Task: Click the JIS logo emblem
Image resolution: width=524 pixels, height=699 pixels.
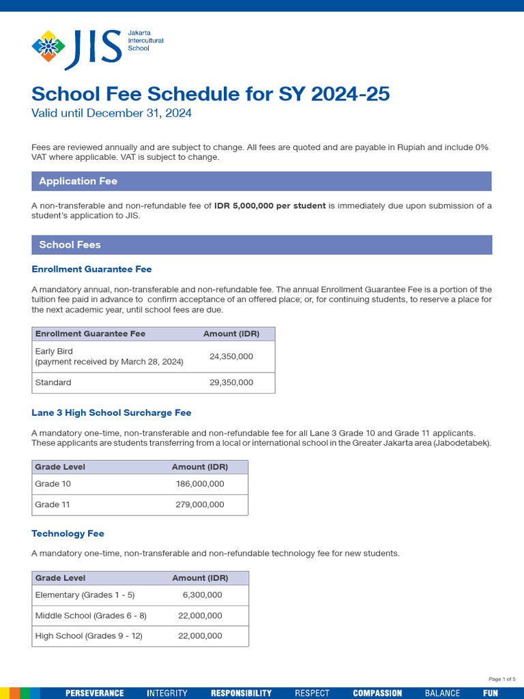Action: tap(48, 46)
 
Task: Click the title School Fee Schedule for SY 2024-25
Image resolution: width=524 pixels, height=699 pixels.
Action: tap(210, 94)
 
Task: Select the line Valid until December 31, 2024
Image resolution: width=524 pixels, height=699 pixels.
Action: tap(111, 113)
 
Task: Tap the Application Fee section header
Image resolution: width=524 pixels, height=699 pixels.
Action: tap(78, 181)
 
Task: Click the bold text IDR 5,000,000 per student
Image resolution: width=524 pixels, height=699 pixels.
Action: tap(270, 205)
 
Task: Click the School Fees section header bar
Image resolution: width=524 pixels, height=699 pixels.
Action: tap(261, 244)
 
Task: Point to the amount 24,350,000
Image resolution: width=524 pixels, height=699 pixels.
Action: tap(231, 356)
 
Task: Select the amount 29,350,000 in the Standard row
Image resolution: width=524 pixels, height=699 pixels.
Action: tap(231, 382)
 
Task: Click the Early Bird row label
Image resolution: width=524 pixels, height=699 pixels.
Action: tap(54, 352)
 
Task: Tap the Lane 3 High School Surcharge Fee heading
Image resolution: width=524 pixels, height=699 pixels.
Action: tap(111, 412)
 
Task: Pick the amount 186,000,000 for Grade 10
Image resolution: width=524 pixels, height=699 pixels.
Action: tap(200, 483)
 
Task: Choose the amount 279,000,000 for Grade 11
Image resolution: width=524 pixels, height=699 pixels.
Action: tap(200, 504)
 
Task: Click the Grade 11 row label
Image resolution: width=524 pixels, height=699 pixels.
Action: tap(53, 504)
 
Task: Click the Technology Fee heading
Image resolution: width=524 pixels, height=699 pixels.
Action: tap(68, 533)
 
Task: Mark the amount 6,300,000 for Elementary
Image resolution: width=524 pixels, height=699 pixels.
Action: tap(202, 595)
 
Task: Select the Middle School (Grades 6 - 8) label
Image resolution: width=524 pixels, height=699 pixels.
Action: tap(91, 615)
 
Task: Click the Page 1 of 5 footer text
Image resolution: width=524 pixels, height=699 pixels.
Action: tap(502, 679)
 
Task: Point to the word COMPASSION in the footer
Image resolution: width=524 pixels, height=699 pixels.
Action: tap(377, 693)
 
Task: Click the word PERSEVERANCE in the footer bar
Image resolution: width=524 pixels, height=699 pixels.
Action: tap(94, 693)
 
